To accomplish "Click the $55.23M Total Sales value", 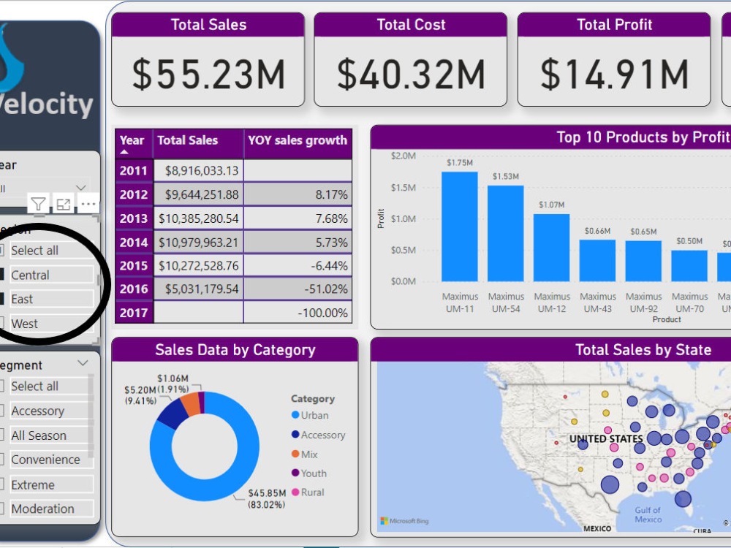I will pyautogui.click(x=208, y=74).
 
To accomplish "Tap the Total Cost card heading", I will pyautogui.click(x=411, y=25).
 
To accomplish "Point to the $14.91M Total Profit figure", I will pyautogui.click(x=614, y=74).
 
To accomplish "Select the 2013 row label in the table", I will pyautogui.click(x=134, y=218).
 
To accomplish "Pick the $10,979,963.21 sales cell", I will pyautogui.click(x=198, y=242).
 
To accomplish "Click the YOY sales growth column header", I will pyautogui.click(x=298, y=140).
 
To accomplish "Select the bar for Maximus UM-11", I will pyautogui.click(x=460, y=227).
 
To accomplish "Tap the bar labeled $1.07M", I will pyautogui.click(x=552, y=248).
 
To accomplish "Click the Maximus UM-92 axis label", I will pyautogui.click(x=644, y=302).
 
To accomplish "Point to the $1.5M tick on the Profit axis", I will pyautogui.click(x=404, y=188).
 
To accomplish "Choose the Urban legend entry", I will pyautogui.click(x=314, y=415).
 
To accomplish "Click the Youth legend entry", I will pyautogui.click(x=314, y=473).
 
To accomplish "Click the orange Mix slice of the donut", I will pyautogui.click(x=191, y=404).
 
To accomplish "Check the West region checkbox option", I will pyautogui.click(x=24, y=324).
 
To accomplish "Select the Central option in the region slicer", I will pyautogui.click(x=30, y=275).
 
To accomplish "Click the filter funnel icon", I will pyautogui.click(x=39, y=204).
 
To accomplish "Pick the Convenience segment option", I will pyautogui.click(x=45, y=460).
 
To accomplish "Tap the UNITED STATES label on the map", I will pyautogui.click(x=606, y=439).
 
